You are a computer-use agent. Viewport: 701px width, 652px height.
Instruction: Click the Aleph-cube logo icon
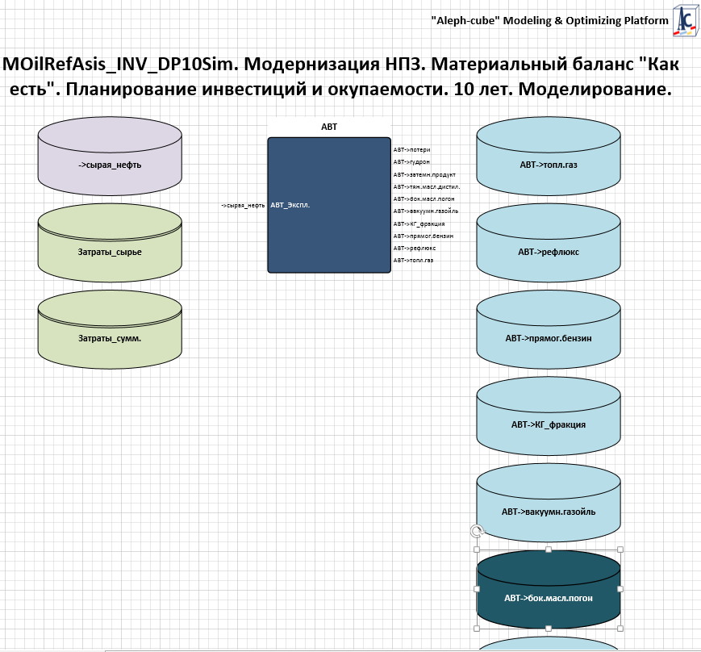click(x=686, y=19)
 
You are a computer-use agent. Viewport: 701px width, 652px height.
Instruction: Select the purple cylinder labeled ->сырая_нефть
click(x=110, y=165)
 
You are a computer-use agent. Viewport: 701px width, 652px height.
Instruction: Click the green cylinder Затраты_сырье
click(x=110, y=252)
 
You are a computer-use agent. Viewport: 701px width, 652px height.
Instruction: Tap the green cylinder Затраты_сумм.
click(x=110, y=338)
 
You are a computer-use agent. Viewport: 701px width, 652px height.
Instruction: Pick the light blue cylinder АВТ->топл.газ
click(x=549, y=165)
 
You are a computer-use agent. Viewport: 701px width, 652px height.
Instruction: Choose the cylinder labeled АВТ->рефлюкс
click(x=549, y=252)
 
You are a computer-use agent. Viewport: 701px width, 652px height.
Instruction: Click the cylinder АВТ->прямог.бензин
click(x=549, y=338)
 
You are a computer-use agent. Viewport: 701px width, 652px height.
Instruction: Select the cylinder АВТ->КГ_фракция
click(x=549, y=424)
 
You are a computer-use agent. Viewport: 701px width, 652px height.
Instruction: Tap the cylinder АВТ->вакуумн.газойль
click(x=549, y=511)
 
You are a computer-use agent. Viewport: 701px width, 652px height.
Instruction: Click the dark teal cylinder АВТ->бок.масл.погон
click(x=549, y=598)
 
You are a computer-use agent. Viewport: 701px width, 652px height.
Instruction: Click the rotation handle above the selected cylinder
click(x=477, y=531)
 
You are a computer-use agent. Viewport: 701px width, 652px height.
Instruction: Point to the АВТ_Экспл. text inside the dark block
click(x=290, y=205)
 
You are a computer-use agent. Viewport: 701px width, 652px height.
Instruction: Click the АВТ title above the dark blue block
click(x=329, y=127)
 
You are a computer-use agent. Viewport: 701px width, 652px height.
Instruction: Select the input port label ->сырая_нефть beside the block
click(x=243, y=205)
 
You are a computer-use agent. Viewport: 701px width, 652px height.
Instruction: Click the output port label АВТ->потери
click(x=411, y=150)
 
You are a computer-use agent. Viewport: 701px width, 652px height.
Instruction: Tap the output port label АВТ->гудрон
click(x=411, y=162)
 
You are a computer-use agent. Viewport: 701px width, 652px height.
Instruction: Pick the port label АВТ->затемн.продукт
click(x=424, y=174)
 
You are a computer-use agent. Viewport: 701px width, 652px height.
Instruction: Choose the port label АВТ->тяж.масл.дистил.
click(x=427, y=186)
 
